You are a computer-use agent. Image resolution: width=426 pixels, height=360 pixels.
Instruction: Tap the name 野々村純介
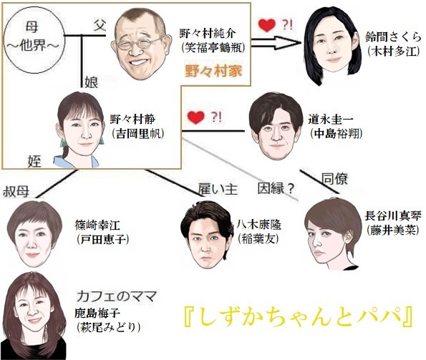click(x=208, y=34)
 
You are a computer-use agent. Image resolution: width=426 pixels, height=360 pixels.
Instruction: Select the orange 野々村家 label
click(x=213, y=71)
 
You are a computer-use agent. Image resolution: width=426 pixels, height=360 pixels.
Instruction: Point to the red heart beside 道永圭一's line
click(x=196, y=117)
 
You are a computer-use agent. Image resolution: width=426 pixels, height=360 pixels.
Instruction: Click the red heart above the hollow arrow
click(x=267, y=25)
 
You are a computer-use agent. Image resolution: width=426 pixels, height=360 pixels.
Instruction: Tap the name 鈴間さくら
click(x=393, y=37)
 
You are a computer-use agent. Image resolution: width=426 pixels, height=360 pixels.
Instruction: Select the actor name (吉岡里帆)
click(x=137, y=134)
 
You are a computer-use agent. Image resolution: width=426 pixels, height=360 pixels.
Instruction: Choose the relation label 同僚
click(x=335, y=179)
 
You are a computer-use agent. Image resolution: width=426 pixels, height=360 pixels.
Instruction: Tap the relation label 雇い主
click(x=218, y=189)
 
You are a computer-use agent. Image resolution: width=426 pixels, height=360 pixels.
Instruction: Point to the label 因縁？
click(x=276, y=188)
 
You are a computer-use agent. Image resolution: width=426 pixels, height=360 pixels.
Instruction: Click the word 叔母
click(x=16, y=192)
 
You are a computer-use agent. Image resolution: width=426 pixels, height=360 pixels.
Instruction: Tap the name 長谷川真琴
click(x=393, y=216)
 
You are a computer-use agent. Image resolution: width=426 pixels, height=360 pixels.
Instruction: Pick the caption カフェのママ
click(x=117, y=296)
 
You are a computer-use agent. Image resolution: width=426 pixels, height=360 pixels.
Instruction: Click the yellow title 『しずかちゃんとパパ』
click(x=299, y=317)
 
